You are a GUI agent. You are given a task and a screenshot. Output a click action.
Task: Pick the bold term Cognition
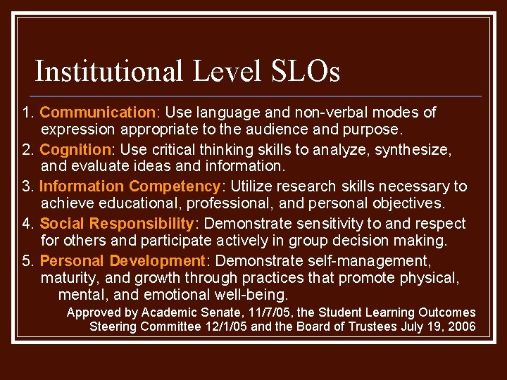75,150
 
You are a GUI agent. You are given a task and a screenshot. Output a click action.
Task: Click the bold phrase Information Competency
130,186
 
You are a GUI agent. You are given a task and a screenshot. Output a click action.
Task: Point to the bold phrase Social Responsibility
116,224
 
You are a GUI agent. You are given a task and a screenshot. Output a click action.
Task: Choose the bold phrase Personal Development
122,261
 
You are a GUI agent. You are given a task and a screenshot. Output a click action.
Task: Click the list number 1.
27,113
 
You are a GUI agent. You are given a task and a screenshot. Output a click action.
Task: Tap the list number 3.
27,186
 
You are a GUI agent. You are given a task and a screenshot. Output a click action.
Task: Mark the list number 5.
27,261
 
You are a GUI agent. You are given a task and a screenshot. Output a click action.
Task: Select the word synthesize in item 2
412,150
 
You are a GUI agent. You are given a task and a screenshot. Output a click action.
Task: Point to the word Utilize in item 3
254,186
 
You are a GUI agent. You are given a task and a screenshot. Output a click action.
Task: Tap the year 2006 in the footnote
461,327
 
